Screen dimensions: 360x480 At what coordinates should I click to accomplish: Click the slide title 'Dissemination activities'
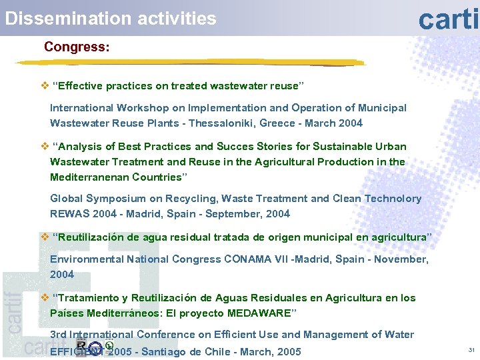[x=111, y=18]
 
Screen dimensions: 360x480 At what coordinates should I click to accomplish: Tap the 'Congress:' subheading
[x=77, y=47]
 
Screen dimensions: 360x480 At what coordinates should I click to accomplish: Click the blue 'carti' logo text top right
[x=448, y=19]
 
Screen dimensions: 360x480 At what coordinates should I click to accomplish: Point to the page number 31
[x=471, y=350]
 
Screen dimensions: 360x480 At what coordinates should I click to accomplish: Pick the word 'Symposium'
[x=116, y=199]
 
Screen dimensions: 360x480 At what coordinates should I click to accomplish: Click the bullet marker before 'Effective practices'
[x=45, y=86]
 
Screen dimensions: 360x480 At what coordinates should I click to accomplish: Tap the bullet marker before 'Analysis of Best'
[x=45, y=147]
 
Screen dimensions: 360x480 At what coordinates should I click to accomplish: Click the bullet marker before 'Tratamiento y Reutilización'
[x=45, y=298]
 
